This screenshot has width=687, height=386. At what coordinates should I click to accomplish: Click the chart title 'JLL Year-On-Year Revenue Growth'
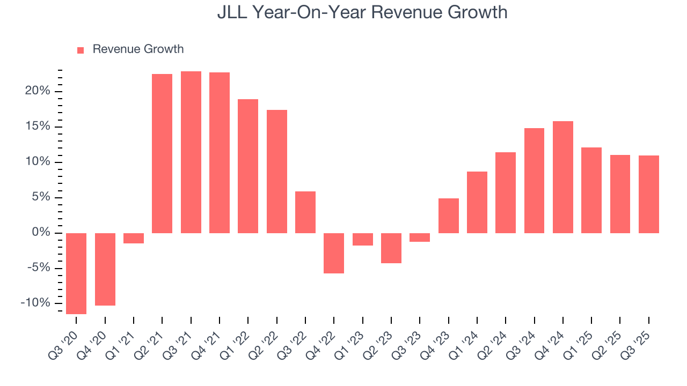(x=362, y=12)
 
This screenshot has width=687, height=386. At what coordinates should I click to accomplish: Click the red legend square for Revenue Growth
(x=81, y=50)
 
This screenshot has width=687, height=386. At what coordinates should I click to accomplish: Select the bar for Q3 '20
(x=76, y=273)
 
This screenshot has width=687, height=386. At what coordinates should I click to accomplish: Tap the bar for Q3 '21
(x=191, y=152)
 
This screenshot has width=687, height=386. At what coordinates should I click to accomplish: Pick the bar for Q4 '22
(x=334, y=253)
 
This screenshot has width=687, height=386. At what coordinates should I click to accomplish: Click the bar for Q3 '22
(x=305, y=212)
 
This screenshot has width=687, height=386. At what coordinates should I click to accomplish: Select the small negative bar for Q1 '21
(x=134, y=238)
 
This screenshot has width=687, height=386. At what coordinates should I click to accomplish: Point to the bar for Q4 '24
(x=563, y=177)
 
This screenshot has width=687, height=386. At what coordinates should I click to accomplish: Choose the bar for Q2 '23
(x=391, y=248)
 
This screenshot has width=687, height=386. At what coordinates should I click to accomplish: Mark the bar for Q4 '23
(x=449, y=216)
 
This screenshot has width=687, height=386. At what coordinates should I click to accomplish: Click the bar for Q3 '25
(x=649, y=194)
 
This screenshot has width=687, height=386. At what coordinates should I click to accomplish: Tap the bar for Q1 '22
(x=248, y=166)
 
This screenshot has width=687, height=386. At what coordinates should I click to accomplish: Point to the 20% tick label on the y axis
(x=38, y=91)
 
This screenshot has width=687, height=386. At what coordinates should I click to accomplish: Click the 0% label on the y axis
(x=41, y=233)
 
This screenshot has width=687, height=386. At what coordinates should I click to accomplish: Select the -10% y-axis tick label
(x=35, y=303)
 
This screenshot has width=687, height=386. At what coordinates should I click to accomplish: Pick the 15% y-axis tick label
(x=38, y=127)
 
